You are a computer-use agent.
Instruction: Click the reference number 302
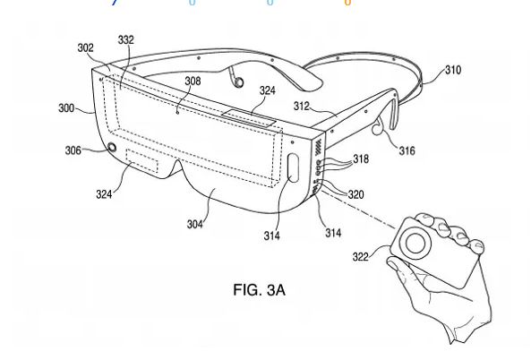(x=85, y=48)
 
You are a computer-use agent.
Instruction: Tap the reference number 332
(x=126, y=40)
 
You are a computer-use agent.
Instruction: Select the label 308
(x=193, y=81)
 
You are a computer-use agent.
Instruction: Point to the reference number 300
(x=66, y=108)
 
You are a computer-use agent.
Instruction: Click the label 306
(x=73, y=150)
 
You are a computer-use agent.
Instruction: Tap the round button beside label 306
(x=111, y=148)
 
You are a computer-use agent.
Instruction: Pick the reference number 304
(x=195, y=224)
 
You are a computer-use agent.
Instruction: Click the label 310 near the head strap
(x=453, y=70)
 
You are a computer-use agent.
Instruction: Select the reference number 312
(x=302, y=107)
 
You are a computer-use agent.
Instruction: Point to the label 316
(x=407, y=150)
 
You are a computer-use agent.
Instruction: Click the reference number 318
(x=361, y=159)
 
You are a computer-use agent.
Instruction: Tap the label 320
(x=355, y=194)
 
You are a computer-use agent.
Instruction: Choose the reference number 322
(x=360, y=257)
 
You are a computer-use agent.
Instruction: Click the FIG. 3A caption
(x=260, y=290)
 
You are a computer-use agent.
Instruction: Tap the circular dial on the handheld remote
(x=415, y=243)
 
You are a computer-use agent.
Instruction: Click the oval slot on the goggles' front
(x=293, y=168)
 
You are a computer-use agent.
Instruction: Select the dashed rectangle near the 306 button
(x=142, y=160)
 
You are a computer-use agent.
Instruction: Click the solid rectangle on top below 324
(x=249, y=118)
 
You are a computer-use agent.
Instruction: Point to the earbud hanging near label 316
(x=376, y=128)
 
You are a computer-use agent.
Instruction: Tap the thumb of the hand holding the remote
(x=398, y=268)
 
